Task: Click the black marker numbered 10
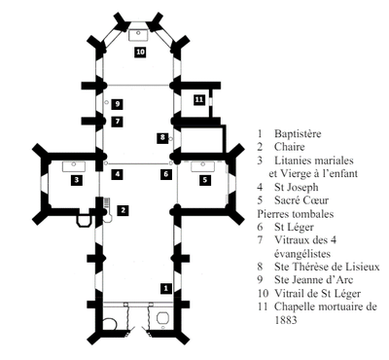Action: coord(140,52)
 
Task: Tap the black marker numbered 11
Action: coord(199,99)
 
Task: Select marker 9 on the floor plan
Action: coord(118,104)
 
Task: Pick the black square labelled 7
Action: coord(118,122)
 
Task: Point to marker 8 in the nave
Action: coord(162,137)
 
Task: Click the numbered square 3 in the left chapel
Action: coord(77,179)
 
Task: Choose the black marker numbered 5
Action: coord(205,179)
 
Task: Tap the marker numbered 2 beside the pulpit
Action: coord(123,210)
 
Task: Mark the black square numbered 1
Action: coord(166,288)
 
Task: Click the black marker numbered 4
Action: coord(118,174)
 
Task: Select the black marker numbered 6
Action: coord(166,174)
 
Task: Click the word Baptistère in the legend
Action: coord(298,133)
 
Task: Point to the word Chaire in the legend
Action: coord(290,147)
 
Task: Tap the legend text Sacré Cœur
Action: coord(301,200)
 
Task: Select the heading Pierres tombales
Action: coord(295,214)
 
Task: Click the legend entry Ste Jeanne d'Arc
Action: coord(313,279)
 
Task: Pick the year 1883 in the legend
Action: coord(286,320)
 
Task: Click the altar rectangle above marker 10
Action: coord(138,35)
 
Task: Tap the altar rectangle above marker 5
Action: coord(202,166)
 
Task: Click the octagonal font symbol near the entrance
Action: coord(162,318)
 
